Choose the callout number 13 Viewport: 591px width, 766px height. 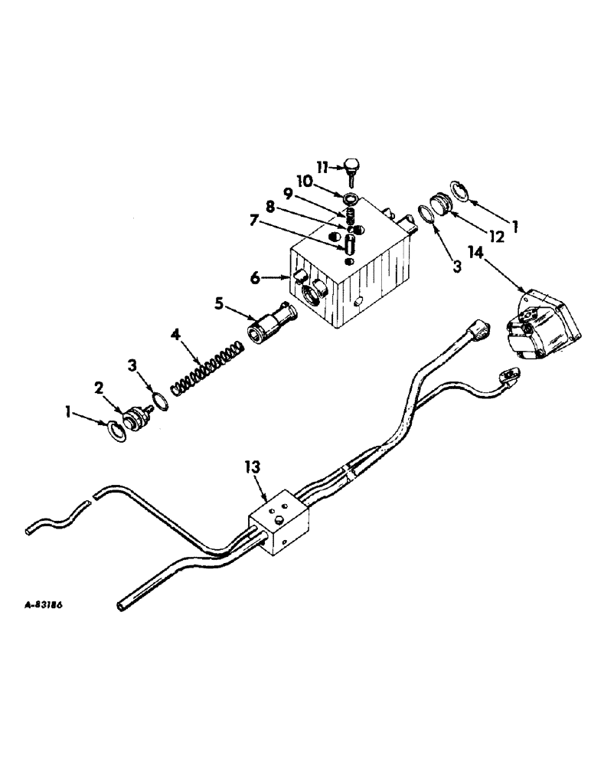point(253,466)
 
